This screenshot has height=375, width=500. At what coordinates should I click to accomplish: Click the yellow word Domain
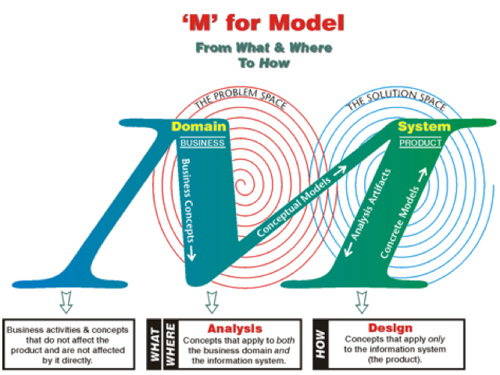click(x=198, y=127)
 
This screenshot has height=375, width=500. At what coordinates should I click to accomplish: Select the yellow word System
click(x=423, y=127)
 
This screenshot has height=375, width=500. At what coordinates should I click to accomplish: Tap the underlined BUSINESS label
click(x=202, y=143)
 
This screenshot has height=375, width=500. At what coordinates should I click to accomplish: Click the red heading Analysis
click(x=234, y=328)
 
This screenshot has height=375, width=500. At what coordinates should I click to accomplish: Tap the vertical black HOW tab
click(x=320, y=342)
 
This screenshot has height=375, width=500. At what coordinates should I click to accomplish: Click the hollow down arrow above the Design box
click(x=361, y=300)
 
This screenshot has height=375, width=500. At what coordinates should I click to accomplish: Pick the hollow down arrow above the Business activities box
click(x=65, y=300)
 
